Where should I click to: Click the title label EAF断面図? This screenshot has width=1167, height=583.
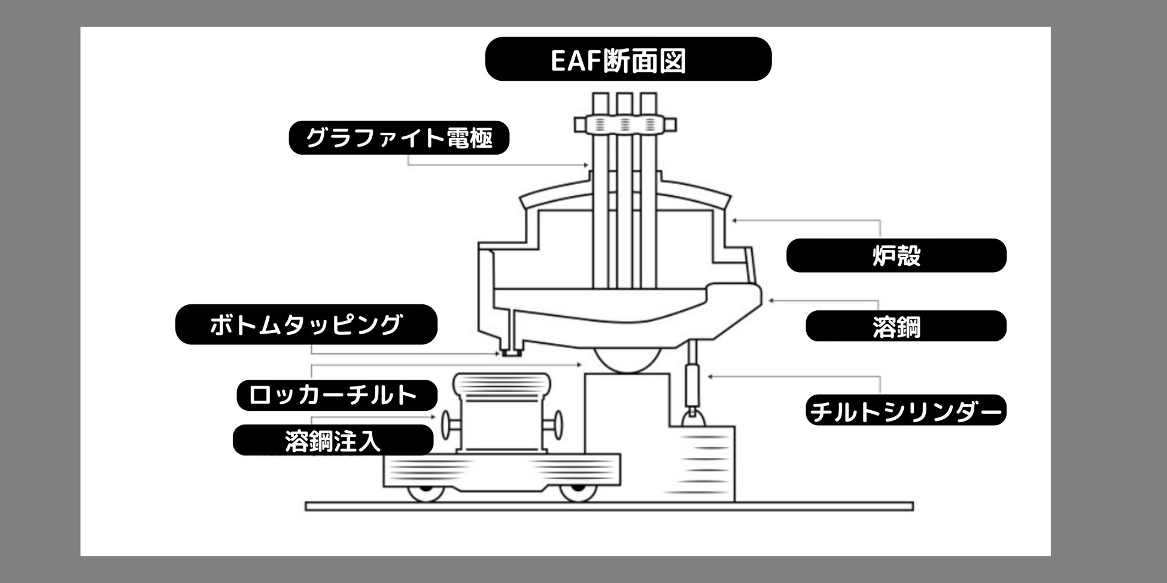628,59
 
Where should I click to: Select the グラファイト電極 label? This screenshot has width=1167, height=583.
399,138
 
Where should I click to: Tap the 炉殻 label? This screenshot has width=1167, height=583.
896,255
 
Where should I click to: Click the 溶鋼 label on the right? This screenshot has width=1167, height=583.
905,326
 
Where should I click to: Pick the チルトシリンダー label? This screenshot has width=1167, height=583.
905,411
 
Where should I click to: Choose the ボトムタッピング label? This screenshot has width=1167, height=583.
306,324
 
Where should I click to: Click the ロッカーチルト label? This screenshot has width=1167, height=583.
336,395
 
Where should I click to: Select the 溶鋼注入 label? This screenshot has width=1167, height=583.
333,441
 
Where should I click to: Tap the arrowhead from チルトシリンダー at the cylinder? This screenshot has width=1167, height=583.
710,377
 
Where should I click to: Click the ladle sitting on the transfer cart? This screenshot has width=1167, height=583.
502,416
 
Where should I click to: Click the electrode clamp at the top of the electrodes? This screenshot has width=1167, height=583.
625,124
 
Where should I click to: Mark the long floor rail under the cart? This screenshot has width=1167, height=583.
609,506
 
